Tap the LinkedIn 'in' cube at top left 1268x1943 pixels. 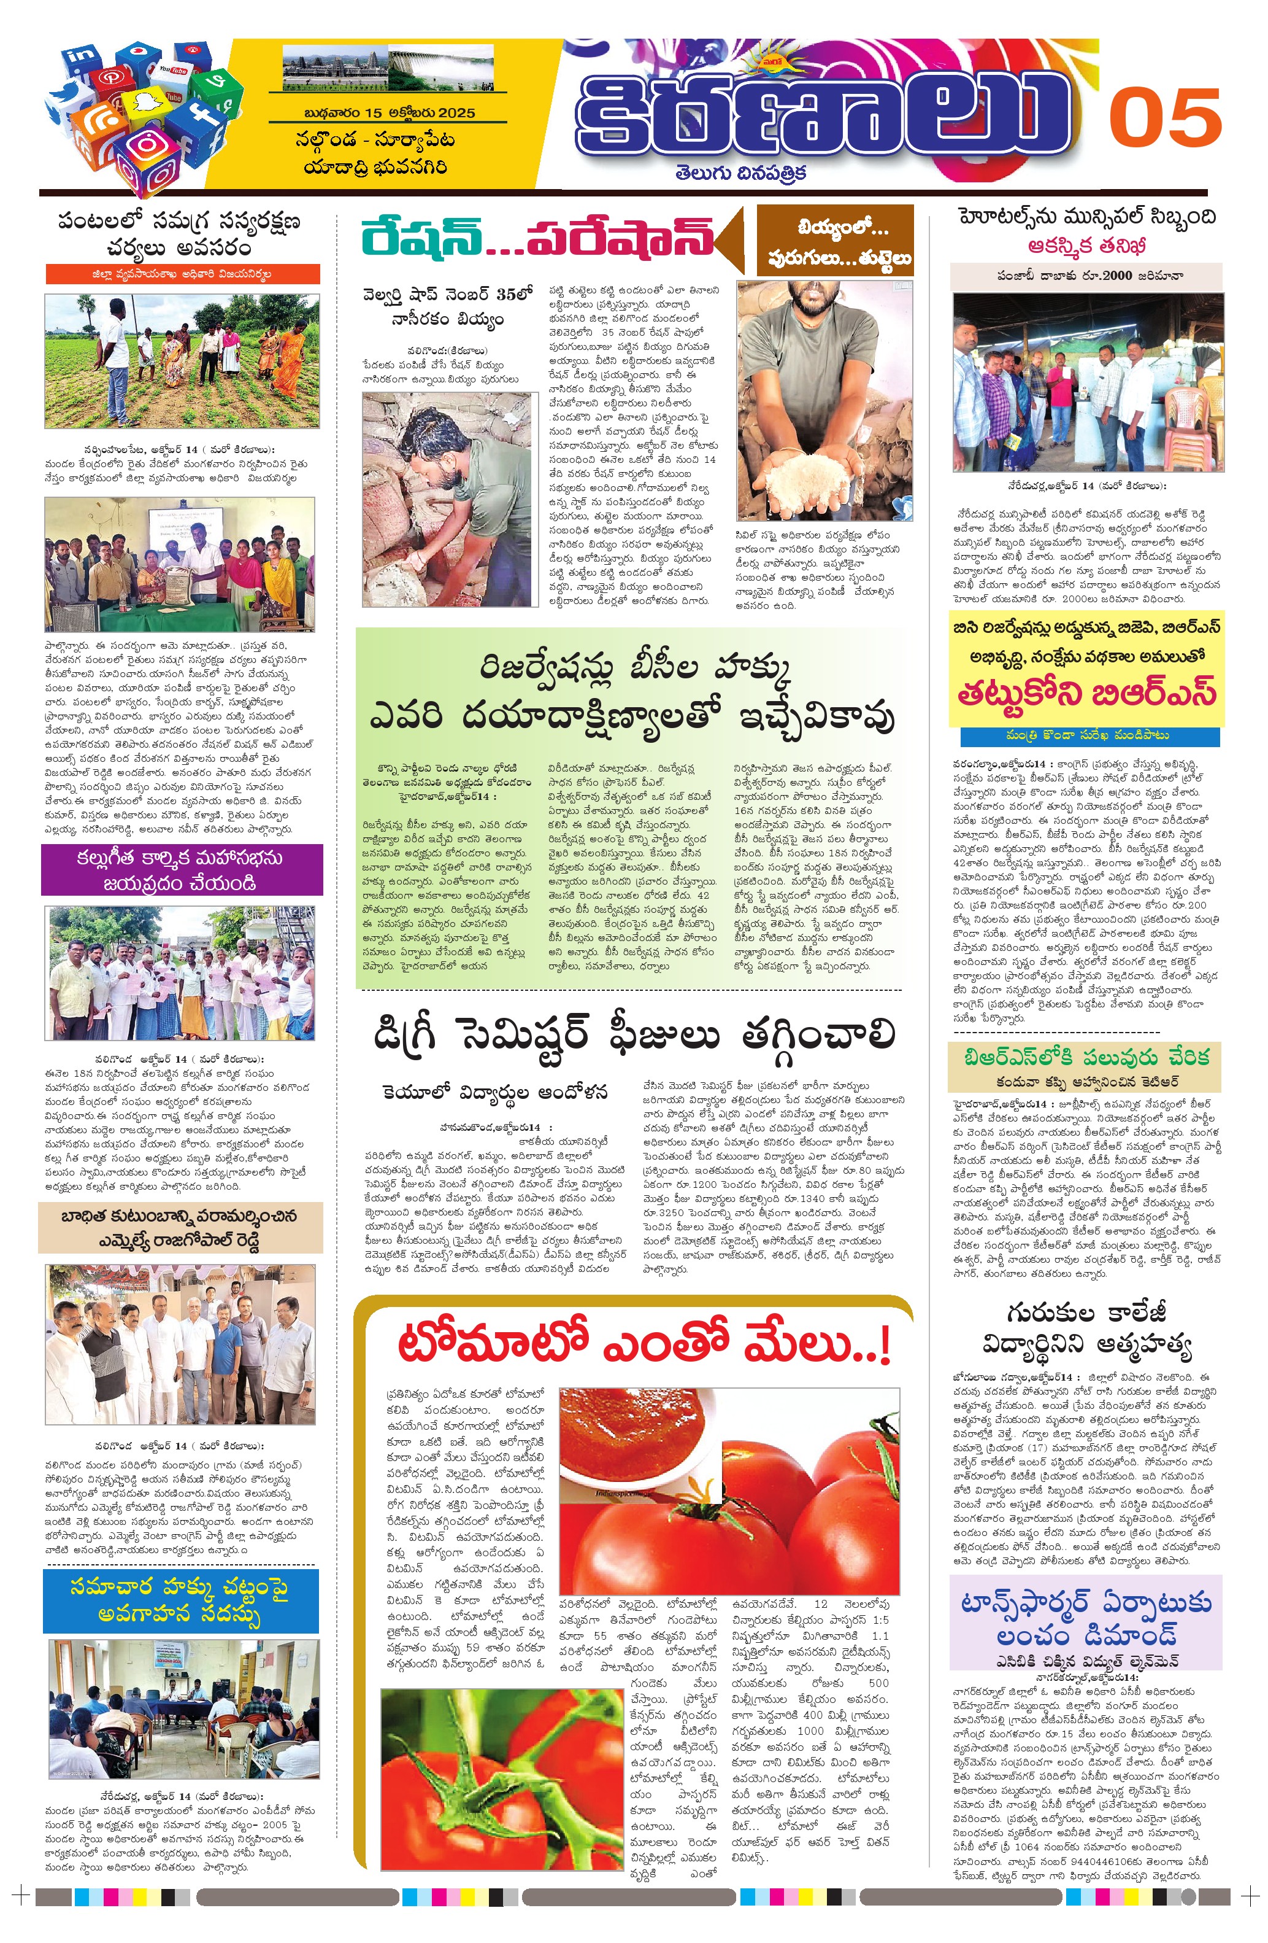tap(82, 57)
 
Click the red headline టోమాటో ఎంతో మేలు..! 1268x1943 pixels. tap(642, 1344)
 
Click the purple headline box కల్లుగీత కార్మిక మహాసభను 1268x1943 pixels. tap(181, 871)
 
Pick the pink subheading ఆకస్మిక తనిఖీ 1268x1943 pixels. tap(1087, 247)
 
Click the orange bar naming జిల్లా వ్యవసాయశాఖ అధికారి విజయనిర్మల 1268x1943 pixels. tap(182, 274)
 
